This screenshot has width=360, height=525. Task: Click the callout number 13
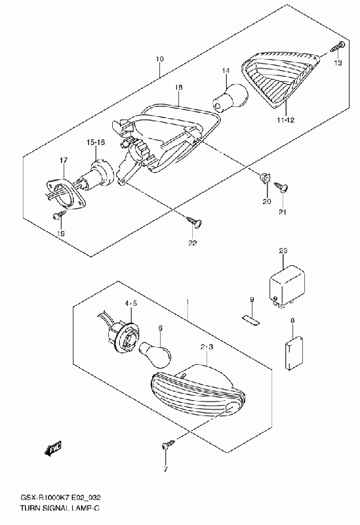(338, 62)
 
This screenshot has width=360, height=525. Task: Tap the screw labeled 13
(337, 47)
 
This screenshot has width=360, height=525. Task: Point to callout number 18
(178, 87)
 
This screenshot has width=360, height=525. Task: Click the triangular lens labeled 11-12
(281, 79)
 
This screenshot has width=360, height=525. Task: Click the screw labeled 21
(282, 187)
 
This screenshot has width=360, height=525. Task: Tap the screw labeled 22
(194, 222)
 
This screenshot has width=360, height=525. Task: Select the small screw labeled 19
(58, 216)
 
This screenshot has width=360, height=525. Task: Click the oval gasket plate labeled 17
(64, 196)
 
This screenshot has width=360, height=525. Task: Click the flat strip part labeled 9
(250, 320)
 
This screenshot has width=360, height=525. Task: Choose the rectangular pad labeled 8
(295, 353)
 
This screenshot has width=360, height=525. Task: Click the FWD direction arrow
(53, 448)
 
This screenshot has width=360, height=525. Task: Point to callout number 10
(159, 59)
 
